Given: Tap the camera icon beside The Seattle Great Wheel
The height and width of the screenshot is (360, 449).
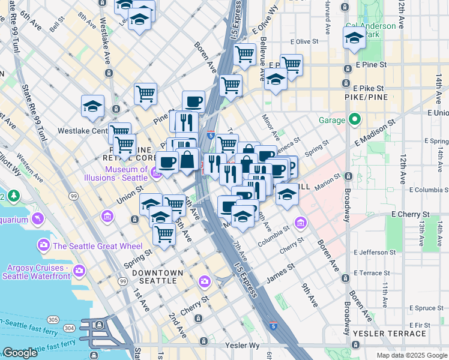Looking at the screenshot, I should [x=43, y=245].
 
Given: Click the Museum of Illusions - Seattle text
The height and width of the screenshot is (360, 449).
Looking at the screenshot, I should [x=118, y=174].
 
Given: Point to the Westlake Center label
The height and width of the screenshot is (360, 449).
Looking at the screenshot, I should [x=82, y=130].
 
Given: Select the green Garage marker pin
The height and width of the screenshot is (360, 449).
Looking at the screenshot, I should [x=355, y=120].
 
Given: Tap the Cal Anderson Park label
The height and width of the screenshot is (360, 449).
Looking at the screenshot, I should [x=371, y=30].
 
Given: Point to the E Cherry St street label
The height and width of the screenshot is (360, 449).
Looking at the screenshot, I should [x=411, y=214].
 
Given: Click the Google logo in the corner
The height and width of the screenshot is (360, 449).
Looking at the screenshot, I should [x=20, y=353].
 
